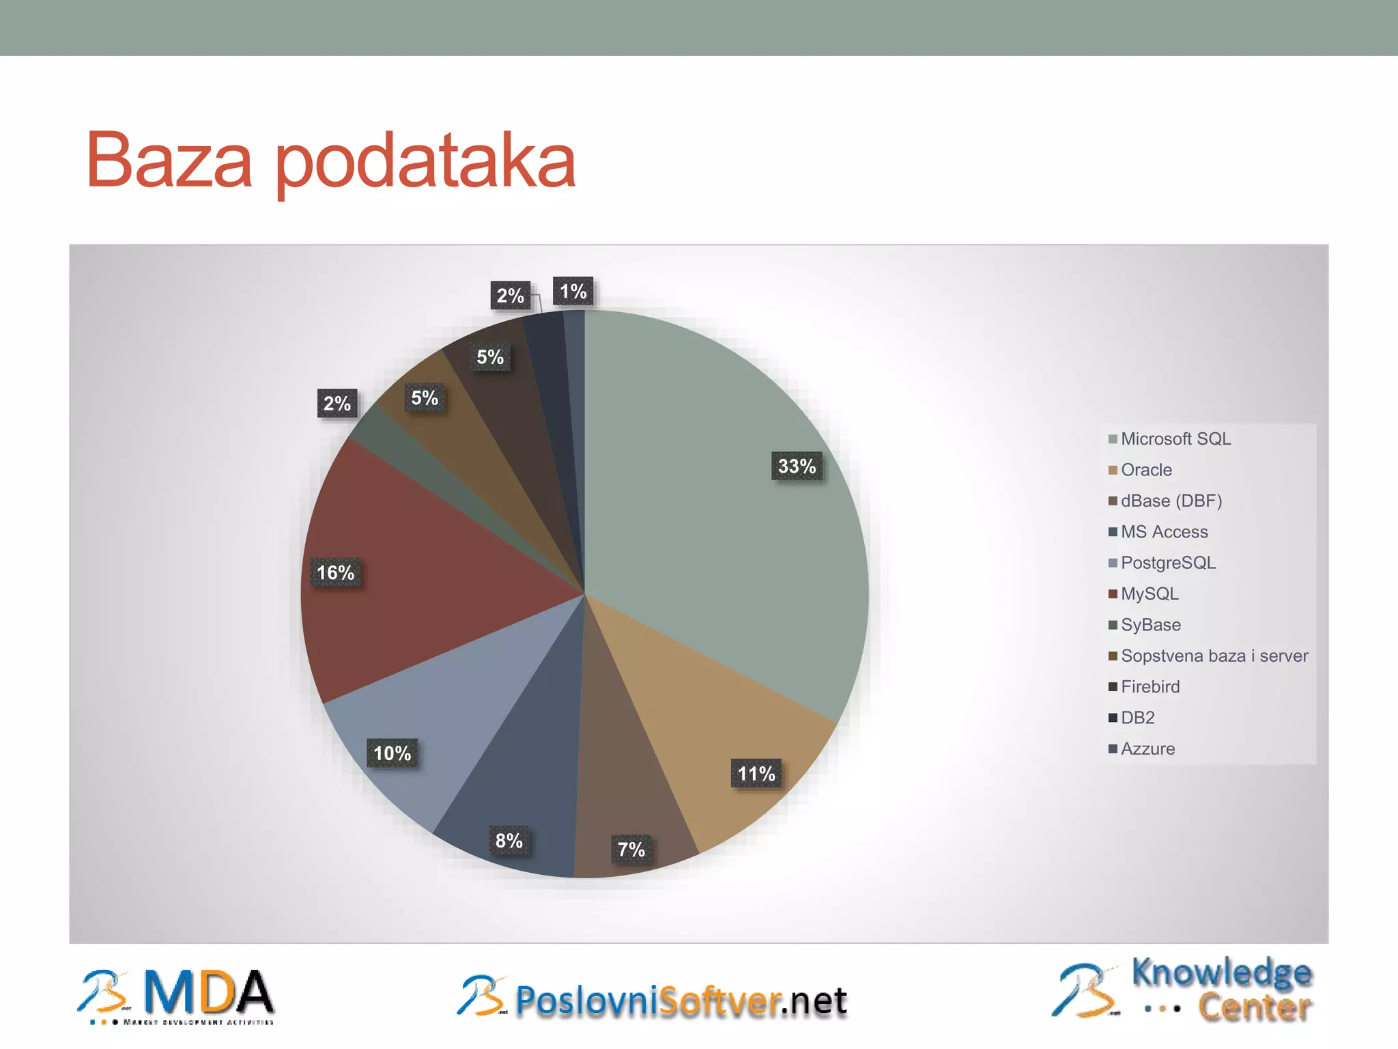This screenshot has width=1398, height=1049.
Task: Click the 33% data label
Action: [x=797, y=466]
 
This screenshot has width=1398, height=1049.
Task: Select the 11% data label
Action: [x=756, y=774]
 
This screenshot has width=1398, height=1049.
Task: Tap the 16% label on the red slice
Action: [x=335, y=572]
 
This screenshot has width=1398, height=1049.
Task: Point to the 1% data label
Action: [x=573, y=292]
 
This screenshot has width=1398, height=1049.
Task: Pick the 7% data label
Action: [x=631, y=850]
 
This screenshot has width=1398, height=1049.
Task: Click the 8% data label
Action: [x=509, y=841]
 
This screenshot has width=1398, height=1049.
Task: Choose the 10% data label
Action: [x=393, y=753]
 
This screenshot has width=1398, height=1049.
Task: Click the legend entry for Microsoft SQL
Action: [x=1175, y=439]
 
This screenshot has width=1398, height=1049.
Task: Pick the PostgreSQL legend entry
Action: [x=1167, y=563]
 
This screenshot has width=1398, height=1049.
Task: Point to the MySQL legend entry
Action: [x=1149, y=593]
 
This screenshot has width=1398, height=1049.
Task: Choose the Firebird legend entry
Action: [x=1150, y=686]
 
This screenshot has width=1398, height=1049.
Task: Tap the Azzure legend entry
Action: [x=1147, y=749]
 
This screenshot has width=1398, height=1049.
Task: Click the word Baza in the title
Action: [x=169, y=161]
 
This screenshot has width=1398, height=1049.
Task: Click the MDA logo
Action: [x=176, y=996]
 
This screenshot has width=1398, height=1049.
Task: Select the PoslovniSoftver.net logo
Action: [x=652, y=998]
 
